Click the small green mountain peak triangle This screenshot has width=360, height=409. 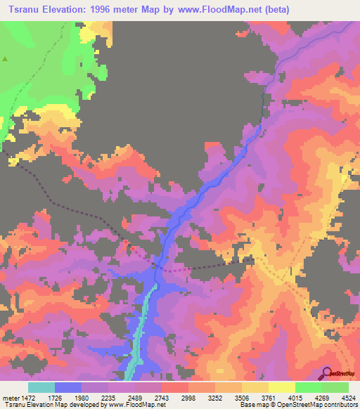click(x=5, y=59)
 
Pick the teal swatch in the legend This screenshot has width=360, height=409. click(x=41, y=387)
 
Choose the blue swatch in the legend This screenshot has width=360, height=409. click(x=68, y=387)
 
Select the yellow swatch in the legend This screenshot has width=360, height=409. click(x=282, y=387)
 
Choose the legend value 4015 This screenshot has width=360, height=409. click(x=295, y=398)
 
